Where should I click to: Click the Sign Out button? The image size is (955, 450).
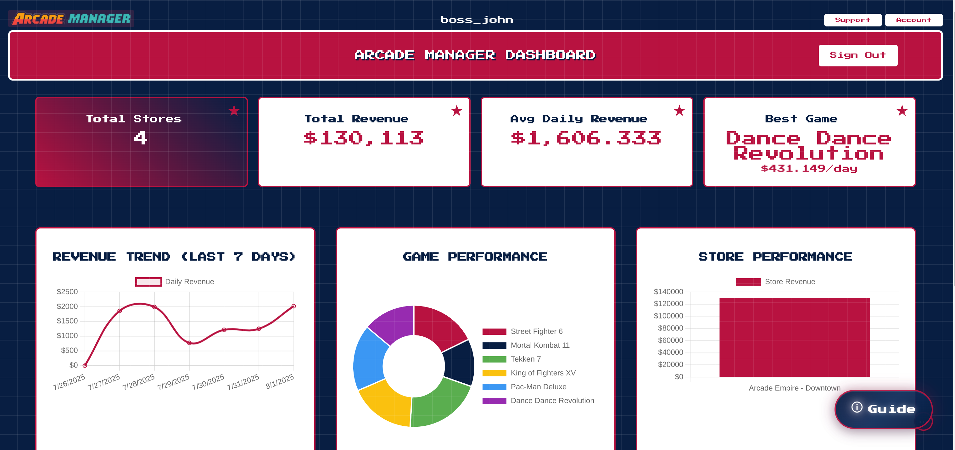point(857,55)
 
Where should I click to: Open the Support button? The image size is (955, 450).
point(852,20)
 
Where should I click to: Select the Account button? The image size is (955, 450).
point(913,20)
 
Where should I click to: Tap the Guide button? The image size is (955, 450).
point(884,409)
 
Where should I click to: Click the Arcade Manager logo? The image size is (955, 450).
point(71,19)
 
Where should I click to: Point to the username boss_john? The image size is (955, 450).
point(477,20)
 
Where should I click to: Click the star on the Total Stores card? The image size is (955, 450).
point(234,110)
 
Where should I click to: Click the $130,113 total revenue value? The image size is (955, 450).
point(363,138)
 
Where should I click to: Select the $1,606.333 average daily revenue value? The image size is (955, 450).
point(586,138)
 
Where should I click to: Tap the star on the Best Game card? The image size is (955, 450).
point(902,110)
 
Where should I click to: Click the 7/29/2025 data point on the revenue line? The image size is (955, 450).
point(189,343)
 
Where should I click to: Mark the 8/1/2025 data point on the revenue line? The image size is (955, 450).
point(293,306)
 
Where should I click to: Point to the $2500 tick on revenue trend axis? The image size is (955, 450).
point(67,292)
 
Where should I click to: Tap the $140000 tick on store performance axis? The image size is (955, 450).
point(668,292)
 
